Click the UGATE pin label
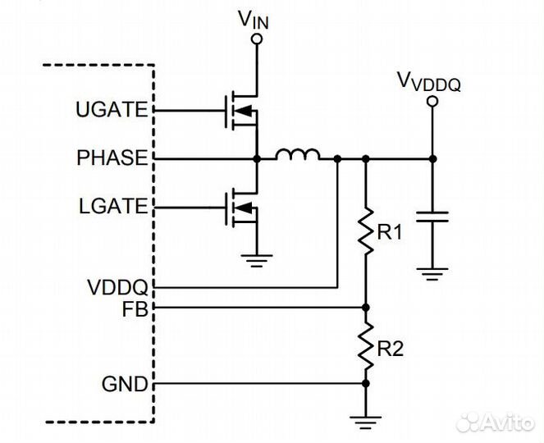(112, 109)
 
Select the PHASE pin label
(111, 157)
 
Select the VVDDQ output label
(427, 80)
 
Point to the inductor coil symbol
(297, 154)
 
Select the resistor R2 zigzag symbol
(366, 345)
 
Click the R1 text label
(389, 233)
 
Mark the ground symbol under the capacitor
(432, 271)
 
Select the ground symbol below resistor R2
(366, 421)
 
